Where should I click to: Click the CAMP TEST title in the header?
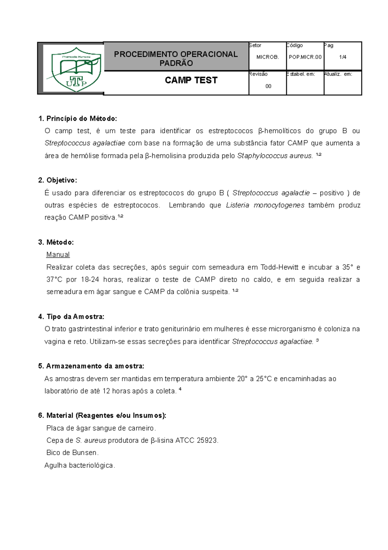click(191, 80)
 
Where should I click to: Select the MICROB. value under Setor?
click(267, 57)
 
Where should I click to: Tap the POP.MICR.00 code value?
click(305, 57)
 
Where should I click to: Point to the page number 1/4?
click(343, 57)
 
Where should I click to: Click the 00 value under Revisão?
click(268, 86)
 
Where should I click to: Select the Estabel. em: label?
click(301, 74)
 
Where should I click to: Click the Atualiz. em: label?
click(338, 74)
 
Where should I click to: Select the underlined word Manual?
click(58, 255)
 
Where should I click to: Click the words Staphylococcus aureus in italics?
click(275, 156)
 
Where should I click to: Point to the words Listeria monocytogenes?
click(265, 205)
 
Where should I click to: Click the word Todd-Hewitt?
click(279, 267)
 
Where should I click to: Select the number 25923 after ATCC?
click(207, 440)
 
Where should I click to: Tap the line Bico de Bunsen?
click(72, 453)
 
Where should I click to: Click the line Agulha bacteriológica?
click(80, 465)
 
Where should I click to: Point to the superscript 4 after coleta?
click(180, 389)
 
